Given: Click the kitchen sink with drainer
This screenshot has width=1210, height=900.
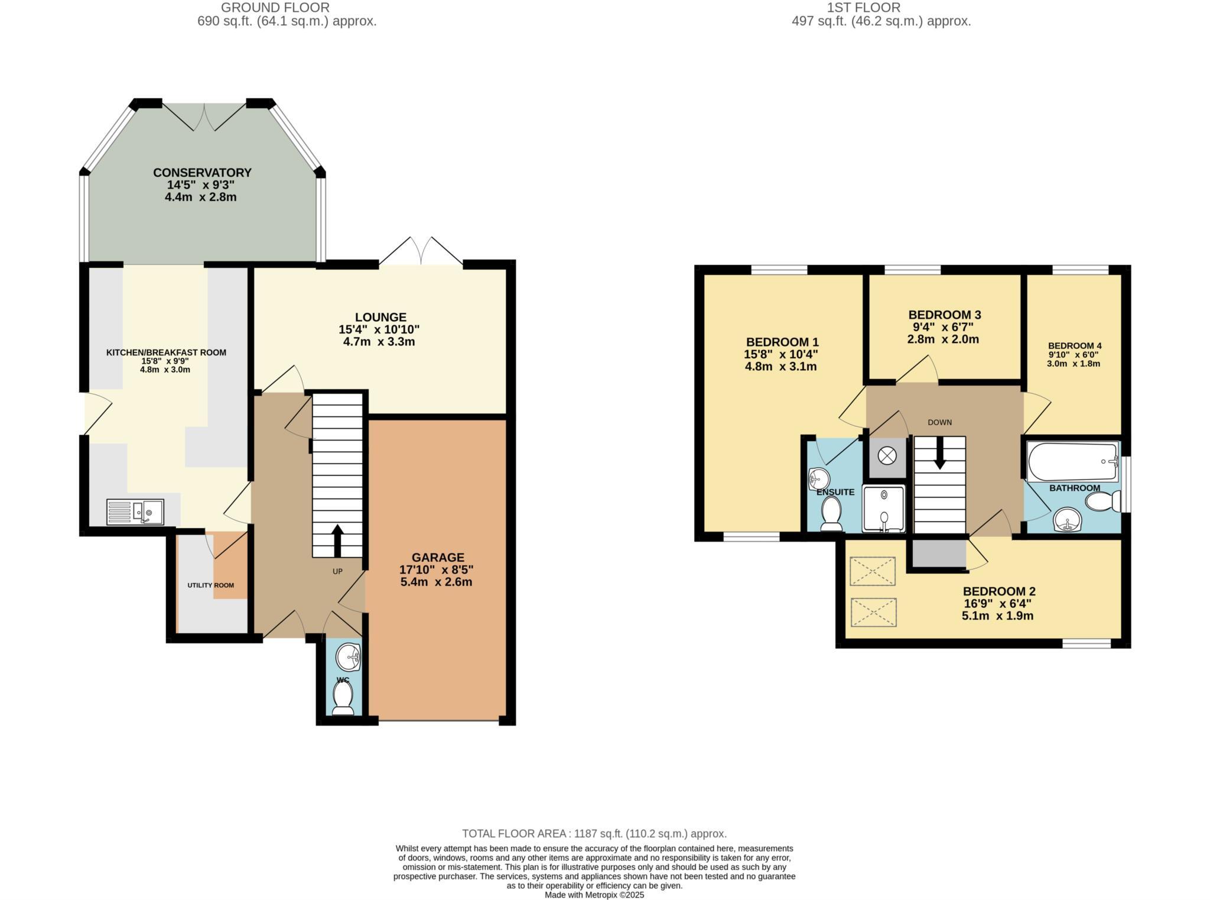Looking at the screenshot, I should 135,512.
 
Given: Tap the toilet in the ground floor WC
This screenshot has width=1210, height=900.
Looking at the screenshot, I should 343,697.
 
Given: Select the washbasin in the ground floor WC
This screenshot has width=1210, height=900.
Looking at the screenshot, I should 349,658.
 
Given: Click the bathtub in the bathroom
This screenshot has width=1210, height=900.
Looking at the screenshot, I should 1073,462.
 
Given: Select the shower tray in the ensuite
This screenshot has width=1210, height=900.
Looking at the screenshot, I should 883,508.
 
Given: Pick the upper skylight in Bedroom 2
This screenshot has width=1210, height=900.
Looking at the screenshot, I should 873,571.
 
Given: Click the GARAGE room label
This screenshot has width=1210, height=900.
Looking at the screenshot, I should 438,558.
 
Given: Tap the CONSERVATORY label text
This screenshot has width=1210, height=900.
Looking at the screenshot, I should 202,173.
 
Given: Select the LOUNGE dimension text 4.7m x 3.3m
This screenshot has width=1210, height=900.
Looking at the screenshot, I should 379,342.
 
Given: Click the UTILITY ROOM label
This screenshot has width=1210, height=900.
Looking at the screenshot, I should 210,585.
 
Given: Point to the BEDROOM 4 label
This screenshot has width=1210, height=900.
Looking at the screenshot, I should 1074,346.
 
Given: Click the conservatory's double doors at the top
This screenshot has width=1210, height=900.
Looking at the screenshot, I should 204,116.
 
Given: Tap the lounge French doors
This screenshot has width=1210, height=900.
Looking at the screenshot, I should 421,251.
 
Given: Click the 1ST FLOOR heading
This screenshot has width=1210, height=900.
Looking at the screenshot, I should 881,8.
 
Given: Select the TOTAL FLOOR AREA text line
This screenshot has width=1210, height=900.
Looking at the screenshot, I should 594,834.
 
